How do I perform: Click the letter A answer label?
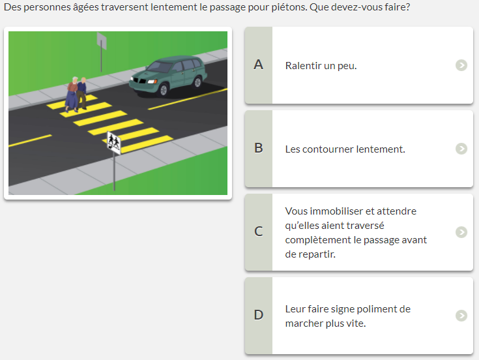click(x=259, y=65)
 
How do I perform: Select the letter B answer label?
click(x=259, y=148)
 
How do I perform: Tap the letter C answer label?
click(x=259, y=232)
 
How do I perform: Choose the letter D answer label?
click(x=259, y=315)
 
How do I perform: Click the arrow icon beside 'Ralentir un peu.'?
click(x=461, y=65)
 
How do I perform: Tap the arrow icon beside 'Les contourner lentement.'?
click(x=461, y=149)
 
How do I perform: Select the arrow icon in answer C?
click(x=461, y=232)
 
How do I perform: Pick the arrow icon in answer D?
click(x=461, y=316)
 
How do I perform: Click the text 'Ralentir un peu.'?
click(x=321, y=66)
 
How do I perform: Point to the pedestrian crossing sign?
click(x=114, y=143)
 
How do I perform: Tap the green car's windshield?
click(x=159, y=67)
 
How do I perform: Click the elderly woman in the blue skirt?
click(x=72, y=94)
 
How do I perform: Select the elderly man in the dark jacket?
click(x=81, y=93)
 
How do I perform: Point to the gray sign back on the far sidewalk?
click(x=102, y=40)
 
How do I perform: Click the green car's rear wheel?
click(x=197, y=82)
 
